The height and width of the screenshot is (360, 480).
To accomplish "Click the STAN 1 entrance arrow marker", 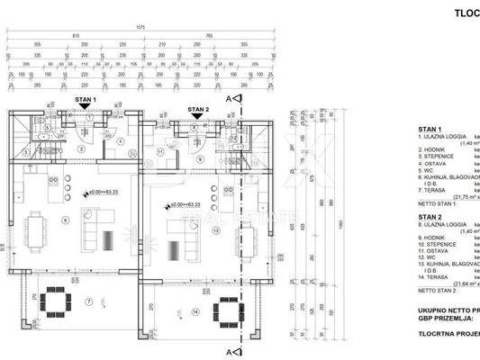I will tap(85, 106).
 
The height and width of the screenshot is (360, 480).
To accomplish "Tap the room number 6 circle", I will tap(64, 220).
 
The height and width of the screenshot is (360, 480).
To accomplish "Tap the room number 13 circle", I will tap(215, 230).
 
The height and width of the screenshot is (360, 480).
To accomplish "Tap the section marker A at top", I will tap(230, 97).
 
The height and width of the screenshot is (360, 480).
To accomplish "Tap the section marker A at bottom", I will tap(230, 348).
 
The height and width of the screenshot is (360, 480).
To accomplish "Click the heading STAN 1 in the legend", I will tap(430, 129).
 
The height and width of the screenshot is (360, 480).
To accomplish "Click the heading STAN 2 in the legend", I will tap(430, 217).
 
